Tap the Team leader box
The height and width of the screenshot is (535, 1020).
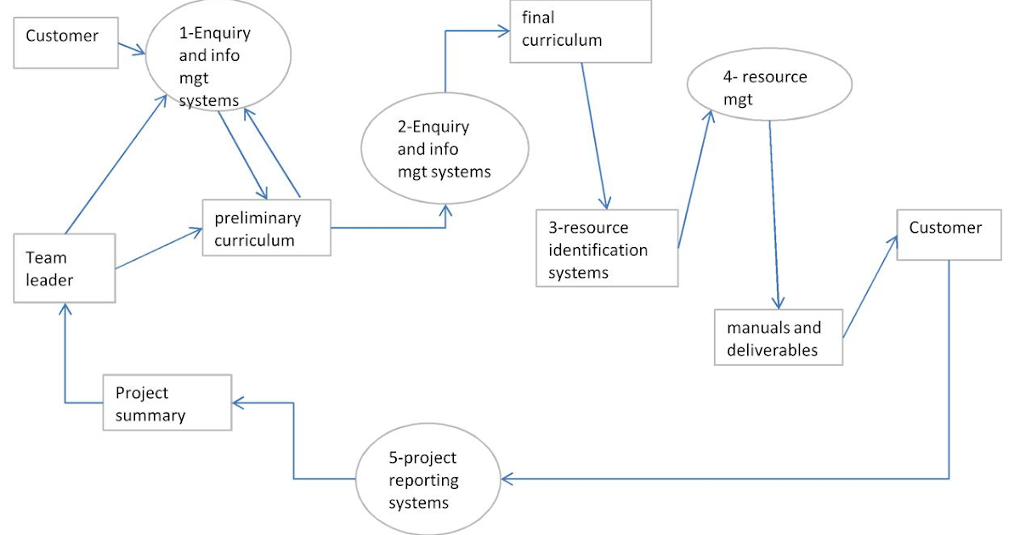coord(65,268)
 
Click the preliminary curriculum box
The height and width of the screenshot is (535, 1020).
coord(266,228)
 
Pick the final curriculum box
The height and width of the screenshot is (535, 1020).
coord(581,33)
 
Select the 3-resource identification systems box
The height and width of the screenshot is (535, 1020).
coord(607,248)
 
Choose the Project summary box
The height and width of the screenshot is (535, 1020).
coord(167,403)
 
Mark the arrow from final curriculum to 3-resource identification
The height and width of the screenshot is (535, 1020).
coord(593,136)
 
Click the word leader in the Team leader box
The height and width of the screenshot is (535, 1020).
coord(49,280)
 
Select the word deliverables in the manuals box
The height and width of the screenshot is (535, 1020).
coord(772,349)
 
